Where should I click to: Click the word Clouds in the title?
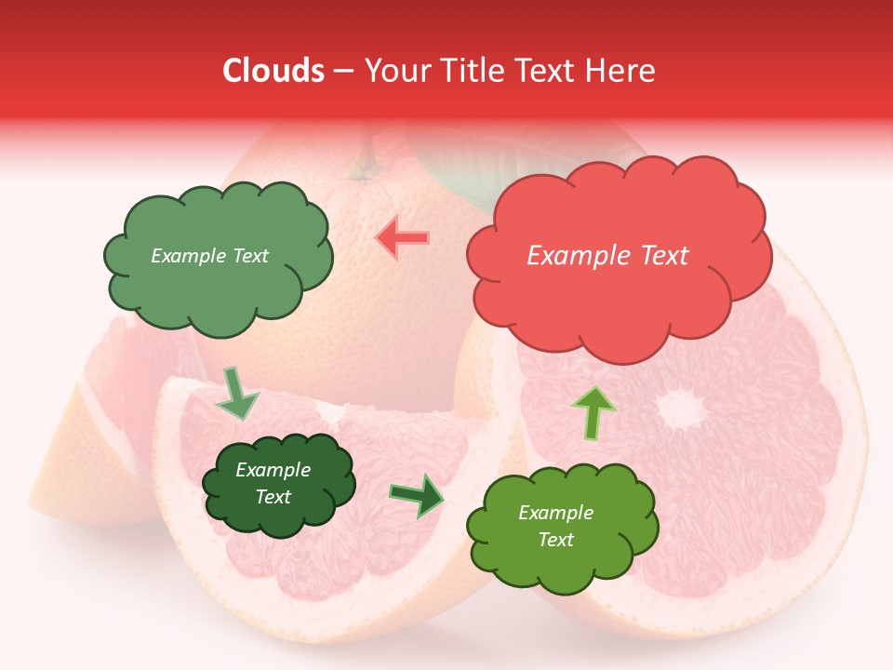click(273, 71)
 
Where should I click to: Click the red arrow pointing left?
click(403, 237)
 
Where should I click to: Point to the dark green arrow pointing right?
click(417, 495)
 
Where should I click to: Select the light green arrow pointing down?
click(236, 393)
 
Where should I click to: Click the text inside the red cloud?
click(607, 256)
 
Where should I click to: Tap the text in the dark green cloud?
click(273, 483)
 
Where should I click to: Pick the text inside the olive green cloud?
click(555, 526)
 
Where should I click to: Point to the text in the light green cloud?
click(209, 256)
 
